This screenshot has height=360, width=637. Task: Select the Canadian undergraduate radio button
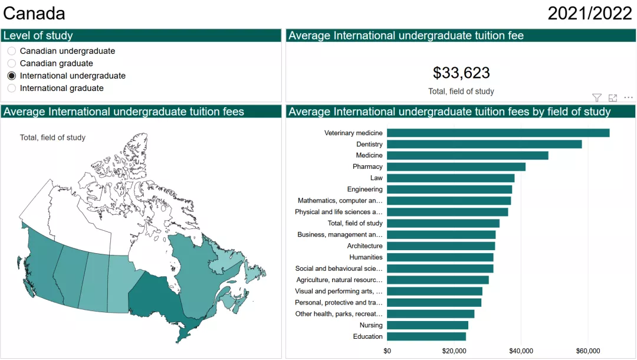(x=12, y=51)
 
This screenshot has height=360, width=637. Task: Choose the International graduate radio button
(x=12, y=89)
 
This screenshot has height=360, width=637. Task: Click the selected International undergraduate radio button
(x=12, y=76)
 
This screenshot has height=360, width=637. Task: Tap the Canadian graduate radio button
(x=12, y=64)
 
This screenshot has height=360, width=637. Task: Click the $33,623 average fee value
(x=461, y=73)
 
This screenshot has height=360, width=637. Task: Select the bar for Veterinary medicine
(x=498, y=133)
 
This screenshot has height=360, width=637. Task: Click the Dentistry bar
(x=484, y=144)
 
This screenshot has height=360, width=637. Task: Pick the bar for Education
(x=426, y=336)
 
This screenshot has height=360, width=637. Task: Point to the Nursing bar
(x=427, y=325)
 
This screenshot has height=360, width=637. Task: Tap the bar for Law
(x=451, y=178)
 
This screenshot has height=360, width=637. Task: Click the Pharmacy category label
(x=367, y=167)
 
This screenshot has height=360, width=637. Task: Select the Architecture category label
(x=365, y=246)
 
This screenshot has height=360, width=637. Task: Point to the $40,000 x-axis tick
(x=521, y=351)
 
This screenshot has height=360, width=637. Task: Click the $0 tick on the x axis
(x=387, y=351)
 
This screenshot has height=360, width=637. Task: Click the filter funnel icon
(x=597, y=98)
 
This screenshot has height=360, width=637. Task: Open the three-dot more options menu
(x=629, y=98)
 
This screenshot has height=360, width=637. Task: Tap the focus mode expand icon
(x=613, y=98)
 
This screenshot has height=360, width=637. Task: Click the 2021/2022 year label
(x=590, y=14)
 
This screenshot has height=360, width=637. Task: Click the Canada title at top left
(x=34, y=14)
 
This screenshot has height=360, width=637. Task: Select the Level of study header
(x=38, y=36)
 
